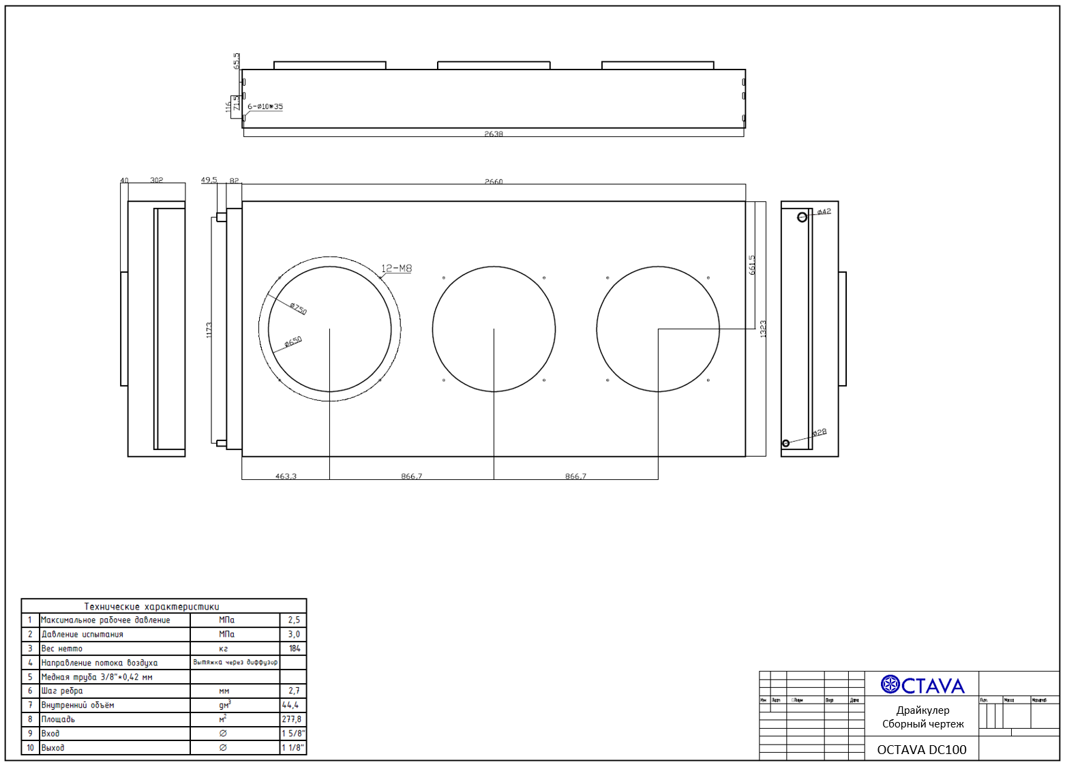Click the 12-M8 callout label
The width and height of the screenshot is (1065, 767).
pos(397,269)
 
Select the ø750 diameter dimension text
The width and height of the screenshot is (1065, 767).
pos(298,309)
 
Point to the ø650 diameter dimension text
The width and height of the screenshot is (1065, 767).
pos(293,342)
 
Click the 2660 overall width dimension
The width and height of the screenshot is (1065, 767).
pos(494,182)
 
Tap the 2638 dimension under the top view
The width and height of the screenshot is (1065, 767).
pos(494,134)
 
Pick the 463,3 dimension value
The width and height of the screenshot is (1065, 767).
pos(286,477)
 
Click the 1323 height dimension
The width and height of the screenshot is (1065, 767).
pos(763,329)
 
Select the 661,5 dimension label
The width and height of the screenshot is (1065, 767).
pos(752,265)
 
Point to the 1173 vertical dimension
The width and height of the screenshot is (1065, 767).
pos(209,330)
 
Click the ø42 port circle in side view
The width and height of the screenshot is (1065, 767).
pos(802,217)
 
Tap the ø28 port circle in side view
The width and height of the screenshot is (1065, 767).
pos(785,443)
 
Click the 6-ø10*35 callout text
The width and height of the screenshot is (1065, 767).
pos(265,107)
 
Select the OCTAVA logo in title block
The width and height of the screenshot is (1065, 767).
pos(922,685)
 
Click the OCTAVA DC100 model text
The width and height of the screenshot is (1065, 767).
pos(922,750)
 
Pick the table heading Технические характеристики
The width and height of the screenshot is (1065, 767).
pos(151,606)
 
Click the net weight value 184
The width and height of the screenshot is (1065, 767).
pos(294,648)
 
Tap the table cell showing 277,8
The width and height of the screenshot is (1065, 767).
pos(292,719)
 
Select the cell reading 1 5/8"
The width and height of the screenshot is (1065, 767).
pos(293,734)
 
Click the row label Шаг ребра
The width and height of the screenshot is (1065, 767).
pos(62,691)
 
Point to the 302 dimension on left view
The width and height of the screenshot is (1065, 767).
pos(157,181)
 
